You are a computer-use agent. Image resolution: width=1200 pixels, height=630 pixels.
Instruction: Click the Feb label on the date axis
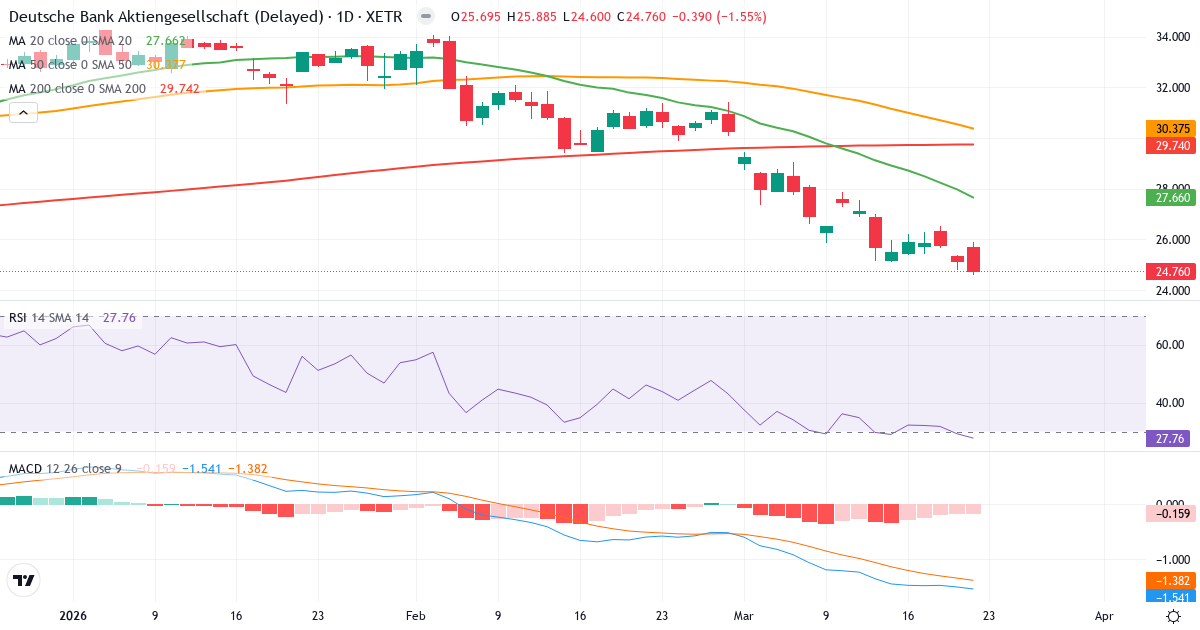click(x=416, y=617)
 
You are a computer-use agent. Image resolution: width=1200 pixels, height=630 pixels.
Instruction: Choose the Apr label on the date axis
click(x=1104, y=617)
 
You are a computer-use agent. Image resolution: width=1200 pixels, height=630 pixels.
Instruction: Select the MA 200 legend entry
click(x=78, y=89)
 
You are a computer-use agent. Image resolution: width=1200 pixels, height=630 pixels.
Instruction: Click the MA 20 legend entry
click(x=70, y=41)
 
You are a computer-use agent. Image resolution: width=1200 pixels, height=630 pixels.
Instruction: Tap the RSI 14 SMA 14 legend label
click(x=48, y=318)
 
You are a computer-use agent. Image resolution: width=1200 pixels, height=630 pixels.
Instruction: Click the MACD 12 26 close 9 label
click(x=65, y=469)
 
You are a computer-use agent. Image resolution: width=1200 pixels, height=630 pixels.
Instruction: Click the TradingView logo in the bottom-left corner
click(x=24, y=580)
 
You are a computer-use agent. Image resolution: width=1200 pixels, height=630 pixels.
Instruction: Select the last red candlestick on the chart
click(x=974, y=259)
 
